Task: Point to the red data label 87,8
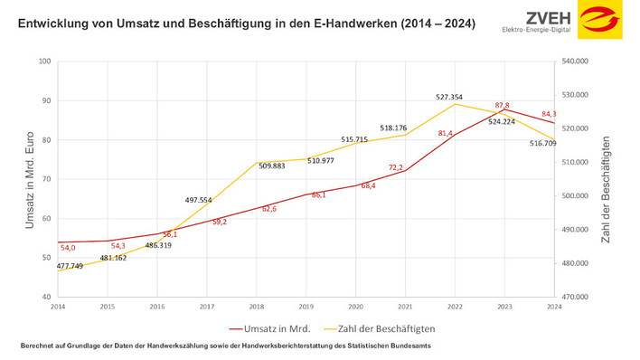tap(502, 106)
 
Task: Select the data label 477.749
tap(71, 267)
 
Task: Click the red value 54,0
tap(68, 248)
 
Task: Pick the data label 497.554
tap(199, 200)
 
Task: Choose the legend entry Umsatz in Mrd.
tap(271, 329)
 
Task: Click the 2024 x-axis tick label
tap(551, 308)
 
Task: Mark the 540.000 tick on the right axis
tap(576, 62)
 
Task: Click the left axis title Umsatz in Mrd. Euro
tap(29, 179)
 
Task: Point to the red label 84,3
tap(549, 114)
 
